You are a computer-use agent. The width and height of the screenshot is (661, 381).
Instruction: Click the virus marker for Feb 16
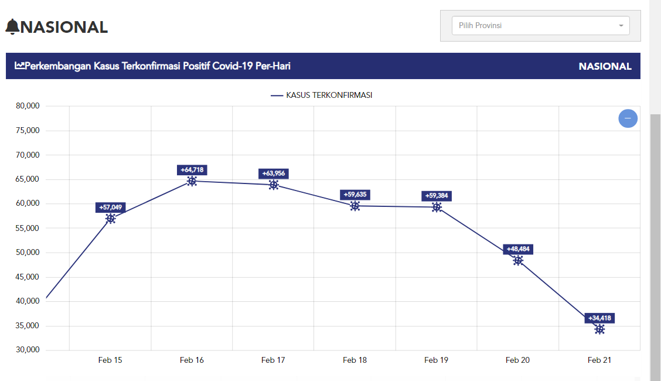pyautogui.click(x=192, y=181)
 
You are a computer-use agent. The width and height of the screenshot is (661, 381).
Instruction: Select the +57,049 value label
pyautogui.click(x=111, y=207)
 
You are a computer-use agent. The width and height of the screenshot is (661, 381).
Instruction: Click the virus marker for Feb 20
pyautogui.click(x=518, y=261)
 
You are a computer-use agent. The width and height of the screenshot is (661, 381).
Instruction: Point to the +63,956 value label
pyautogui.click(x=274, y=174)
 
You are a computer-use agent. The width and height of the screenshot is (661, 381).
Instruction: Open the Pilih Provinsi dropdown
pyautogui.click(x=540, y=26)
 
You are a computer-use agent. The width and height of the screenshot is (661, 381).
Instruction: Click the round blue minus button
pyautogui.click(x=628, y=118)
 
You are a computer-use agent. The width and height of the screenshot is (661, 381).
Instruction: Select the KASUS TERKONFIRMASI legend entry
pyautogui.click(x=322, y=95)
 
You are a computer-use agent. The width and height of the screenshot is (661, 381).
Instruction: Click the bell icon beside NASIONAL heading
pyautogui.click(x=12, y=27)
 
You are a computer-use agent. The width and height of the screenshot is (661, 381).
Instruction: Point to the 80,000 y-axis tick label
pyautogui.click(x=27, y=106)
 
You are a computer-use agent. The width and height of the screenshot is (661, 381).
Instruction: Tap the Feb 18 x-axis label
pyautogui.click(x=355, y=360)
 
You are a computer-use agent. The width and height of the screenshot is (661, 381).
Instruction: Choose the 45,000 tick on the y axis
pyautogui.click(x=27, y=277)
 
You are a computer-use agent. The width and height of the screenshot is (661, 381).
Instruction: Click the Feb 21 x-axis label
pyautogui.click(x=599, y=360)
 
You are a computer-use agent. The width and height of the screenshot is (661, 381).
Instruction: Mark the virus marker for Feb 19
pyautogui.click(x=437, y=207)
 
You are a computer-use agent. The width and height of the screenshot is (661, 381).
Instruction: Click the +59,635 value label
pyautogui.click(x=355, y=195)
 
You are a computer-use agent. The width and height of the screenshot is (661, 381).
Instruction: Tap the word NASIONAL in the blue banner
pyautogui.click(x=605, y=66)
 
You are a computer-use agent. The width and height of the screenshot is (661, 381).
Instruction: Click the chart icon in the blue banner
pyautogui.click(x=19, y=66)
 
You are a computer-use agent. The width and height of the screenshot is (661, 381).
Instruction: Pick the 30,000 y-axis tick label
pyautogui.click(x=27, y=350)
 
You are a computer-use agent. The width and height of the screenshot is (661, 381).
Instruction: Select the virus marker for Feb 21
pyautogui.click(x=599, y=329)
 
